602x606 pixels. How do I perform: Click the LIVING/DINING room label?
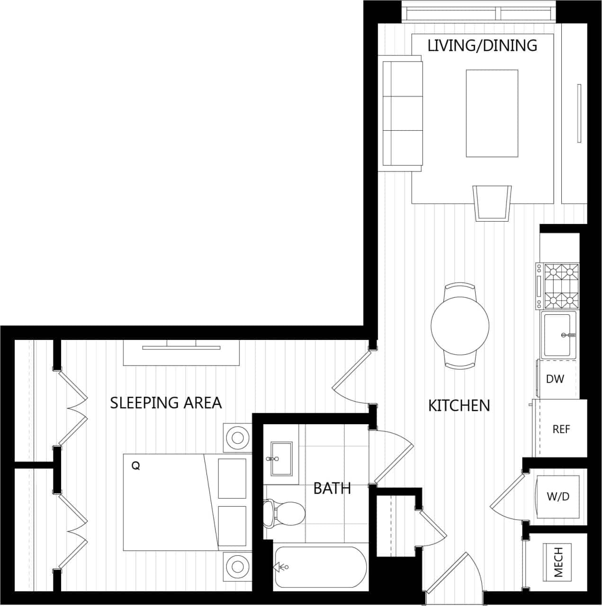click(x=482, y=45)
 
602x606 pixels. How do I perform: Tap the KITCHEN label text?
click(x=458, y=406)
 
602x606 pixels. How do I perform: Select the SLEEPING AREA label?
click(x=166, y=403)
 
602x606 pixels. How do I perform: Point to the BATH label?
click(x=332, y=488)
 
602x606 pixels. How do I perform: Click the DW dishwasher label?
click(x=555, y=379)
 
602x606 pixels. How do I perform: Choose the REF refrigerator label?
click(x=561, y=429)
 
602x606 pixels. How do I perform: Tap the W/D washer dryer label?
click(x=557, y=497)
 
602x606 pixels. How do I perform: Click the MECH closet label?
click(x=559, y=562)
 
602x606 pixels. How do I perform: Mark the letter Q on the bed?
click(x=135, y=466)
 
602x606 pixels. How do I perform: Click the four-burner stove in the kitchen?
click(x=561, y=286)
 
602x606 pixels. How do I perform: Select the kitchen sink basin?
click(x=557, y=335)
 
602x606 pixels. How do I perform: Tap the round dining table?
click(x=459, y=325)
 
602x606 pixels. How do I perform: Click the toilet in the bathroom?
click(x=284, y=514)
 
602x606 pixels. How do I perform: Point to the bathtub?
click(x=321, y=567)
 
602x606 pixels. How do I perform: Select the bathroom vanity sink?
click(x=281, y=458)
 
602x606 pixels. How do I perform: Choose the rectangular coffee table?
click(x=492, y=113)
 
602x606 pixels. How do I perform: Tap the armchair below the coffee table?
click(x=492, y=203)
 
